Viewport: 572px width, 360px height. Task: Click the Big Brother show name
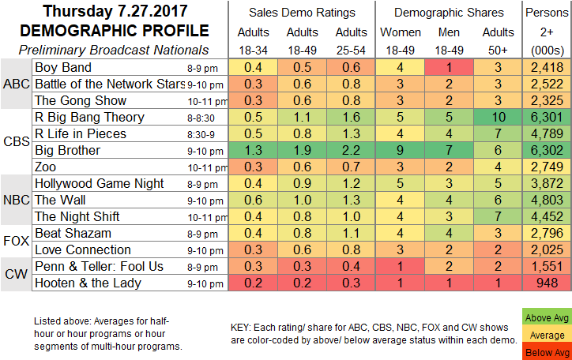(x=66, y=150)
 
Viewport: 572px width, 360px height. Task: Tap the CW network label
(x=15, y=274)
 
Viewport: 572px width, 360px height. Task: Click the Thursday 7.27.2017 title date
(x=109, y=12)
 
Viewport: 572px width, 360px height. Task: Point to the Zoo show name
(x=47, y=167)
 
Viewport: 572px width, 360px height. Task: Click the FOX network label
(x=15, y=241)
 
